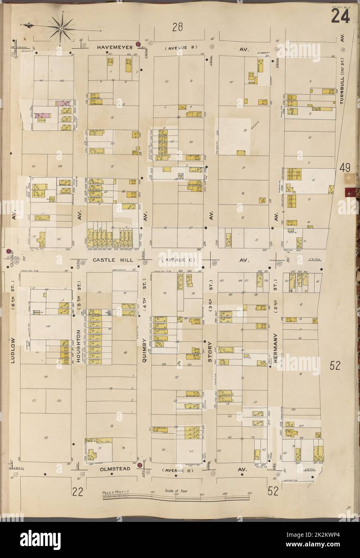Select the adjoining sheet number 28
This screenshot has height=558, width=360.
click(178, 27)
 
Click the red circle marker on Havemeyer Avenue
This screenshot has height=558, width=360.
click(138, 44)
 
